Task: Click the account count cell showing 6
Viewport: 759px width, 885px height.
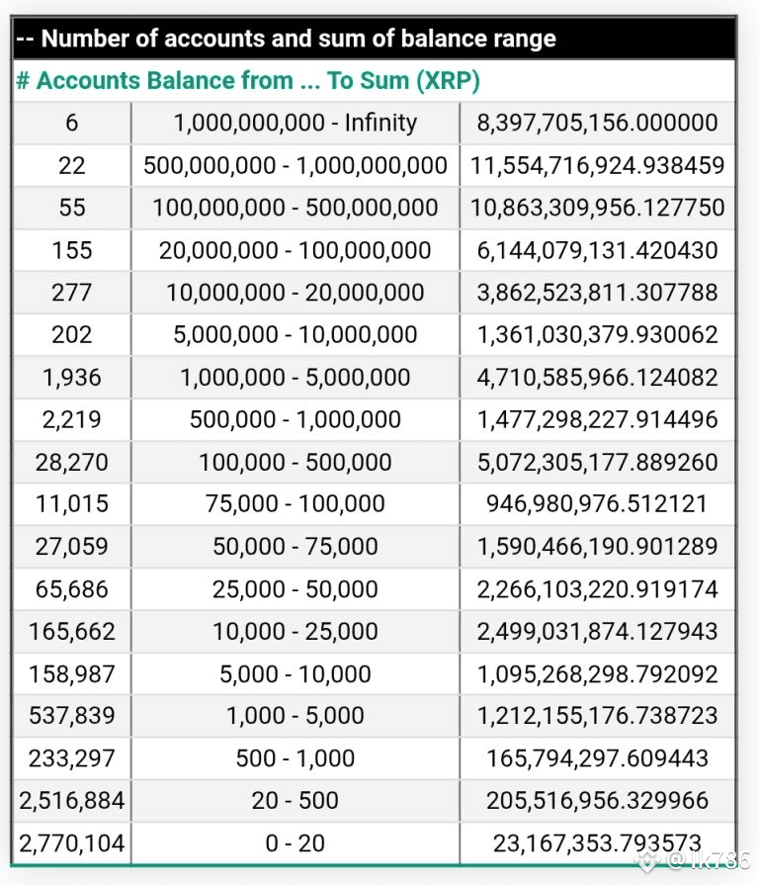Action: [72, 124]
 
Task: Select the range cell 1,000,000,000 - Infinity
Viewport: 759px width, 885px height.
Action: [295, 124]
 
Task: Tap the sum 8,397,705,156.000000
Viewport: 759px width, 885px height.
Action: [597, 124]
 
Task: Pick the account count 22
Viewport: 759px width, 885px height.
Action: [72, 166]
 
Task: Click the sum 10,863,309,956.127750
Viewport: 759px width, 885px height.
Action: [597, 209]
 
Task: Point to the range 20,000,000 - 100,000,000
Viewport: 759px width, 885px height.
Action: [295, 251]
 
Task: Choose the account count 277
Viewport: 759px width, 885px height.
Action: [72, 293]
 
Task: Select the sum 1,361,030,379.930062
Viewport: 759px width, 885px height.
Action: [597, 335]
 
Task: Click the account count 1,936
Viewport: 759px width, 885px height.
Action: [72, 378]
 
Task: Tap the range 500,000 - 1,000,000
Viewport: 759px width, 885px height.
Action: [295, 419]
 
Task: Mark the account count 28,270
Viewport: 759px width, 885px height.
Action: [72, 462]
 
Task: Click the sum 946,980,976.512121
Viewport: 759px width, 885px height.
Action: [597, 504]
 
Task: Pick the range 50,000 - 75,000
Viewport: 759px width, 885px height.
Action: [295, 547]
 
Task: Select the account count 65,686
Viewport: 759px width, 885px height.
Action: [72, 589]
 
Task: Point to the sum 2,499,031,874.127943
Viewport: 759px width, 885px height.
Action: [597, 631]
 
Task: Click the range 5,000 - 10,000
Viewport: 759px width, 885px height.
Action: [295, 674]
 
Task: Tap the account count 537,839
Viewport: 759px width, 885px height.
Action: [72, 716]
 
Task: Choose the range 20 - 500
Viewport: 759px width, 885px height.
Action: [295, 801]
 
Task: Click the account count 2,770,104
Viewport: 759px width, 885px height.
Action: [72, 843]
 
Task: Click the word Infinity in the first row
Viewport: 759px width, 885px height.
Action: [380, 124]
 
